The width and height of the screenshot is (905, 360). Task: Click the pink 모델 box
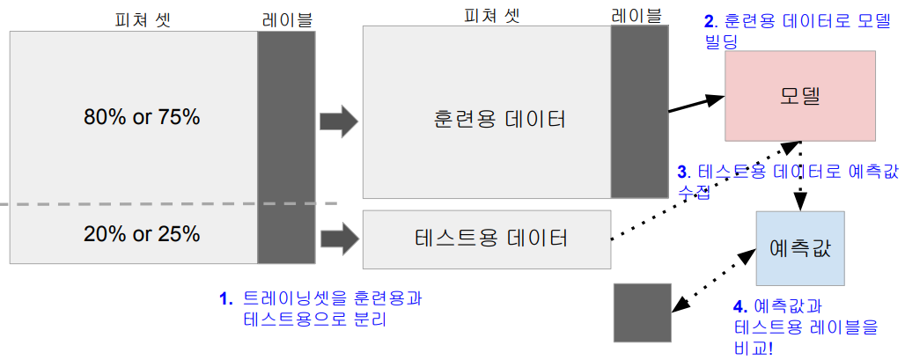point(800,96)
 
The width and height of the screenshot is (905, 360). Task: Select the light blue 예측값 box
point(799,248)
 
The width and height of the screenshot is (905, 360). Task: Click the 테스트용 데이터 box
point(487,239)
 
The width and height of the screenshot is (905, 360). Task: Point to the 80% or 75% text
point(142,116)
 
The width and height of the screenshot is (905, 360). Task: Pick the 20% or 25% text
point(142,234)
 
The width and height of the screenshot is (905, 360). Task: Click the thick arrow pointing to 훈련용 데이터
point(338,121)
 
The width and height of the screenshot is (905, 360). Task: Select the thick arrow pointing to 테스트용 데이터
point(338,238)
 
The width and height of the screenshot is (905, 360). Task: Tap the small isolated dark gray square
point(644,312)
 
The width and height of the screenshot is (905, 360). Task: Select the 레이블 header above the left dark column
point(286,18)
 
